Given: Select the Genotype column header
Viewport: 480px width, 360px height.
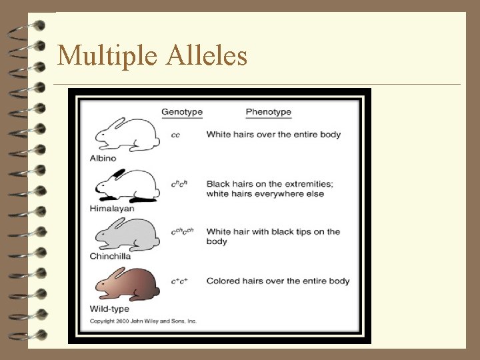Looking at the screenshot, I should (182, 112).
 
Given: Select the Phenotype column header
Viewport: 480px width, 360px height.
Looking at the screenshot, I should (268, 112).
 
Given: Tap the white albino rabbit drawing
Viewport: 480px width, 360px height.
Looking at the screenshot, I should (127, 135).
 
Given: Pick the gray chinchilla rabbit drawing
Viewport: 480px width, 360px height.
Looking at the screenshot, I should (127, 233).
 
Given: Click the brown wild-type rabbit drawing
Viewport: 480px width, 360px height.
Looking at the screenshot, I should (127, 283).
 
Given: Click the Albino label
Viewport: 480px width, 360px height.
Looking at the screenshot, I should (103, 159).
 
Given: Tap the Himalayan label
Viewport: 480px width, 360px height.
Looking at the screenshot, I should (112, 209).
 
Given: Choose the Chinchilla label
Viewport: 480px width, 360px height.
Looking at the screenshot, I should (110, 256).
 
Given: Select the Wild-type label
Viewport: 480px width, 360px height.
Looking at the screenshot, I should (109, 309).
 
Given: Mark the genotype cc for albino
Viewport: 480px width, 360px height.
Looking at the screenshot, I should (175, 135).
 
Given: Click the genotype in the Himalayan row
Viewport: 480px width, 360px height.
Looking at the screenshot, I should (178, 184).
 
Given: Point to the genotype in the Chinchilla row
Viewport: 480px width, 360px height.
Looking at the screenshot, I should (181, 232).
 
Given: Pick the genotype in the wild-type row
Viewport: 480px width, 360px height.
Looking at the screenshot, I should (179, 281).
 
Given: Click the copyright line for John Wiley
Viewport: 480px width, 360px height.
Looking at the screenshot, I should (143, 321).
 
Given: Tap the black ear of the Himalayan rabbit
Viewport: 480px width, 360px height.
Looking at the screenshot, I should (118, 173).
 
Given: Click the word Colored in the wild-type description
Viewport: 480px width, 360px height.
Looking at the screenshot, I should (223, 281).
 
